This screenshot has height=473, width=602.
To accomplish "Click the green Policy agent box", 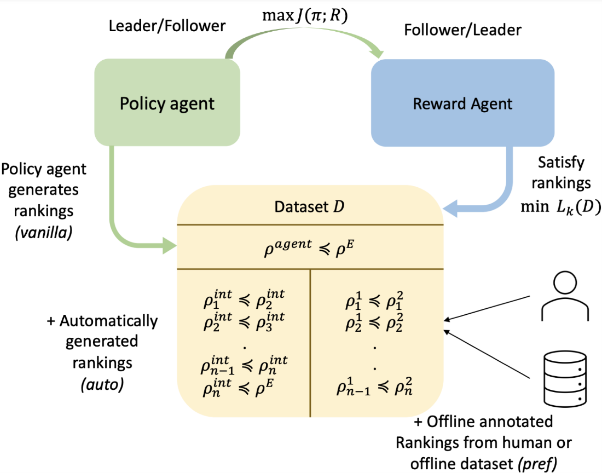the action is (x=167, y=103).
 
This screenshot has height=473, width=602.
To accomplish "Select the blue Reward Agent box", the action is (x=463, y=103).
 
